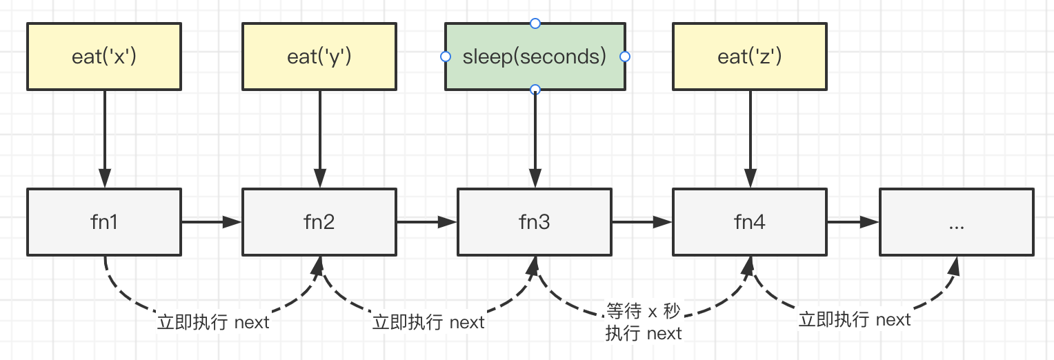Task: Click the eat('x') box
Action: coord(104,57)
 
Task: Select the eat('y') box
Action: coord(319,57)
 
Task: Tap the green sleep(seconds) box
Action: coord(535,57)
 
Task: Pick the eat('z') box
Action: coord(750,57)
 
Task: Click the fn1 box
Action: coord(104,222)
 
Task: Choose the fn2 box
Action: coord(319,222)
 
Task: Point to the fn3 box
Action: coord(535,222)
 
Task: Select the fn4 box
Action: coord(750,222)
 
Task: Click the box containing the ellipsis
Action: coord(957,222)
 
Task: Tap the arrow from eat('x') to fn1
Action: coord(104,139)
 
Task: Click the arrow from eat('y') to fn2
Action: coord(320,139)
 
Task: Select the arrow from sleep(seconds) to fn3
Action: coord(535,139)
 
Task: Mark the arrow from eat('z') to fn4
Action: coord(750,139)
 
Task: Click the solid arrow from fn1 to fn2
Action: coord(212,222)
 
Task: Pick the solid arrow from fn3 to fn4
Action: coord(642,222)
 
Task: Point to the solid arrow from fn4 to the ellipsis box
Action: coord(853,222)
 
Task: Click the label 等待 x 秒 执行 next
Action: coord(643,322)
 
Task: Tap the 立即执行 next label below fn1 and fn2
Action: coord(213,322)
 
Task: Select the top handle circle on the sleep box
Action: coord(535,23)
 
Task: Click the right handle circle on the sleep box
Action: coord(625,57)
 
